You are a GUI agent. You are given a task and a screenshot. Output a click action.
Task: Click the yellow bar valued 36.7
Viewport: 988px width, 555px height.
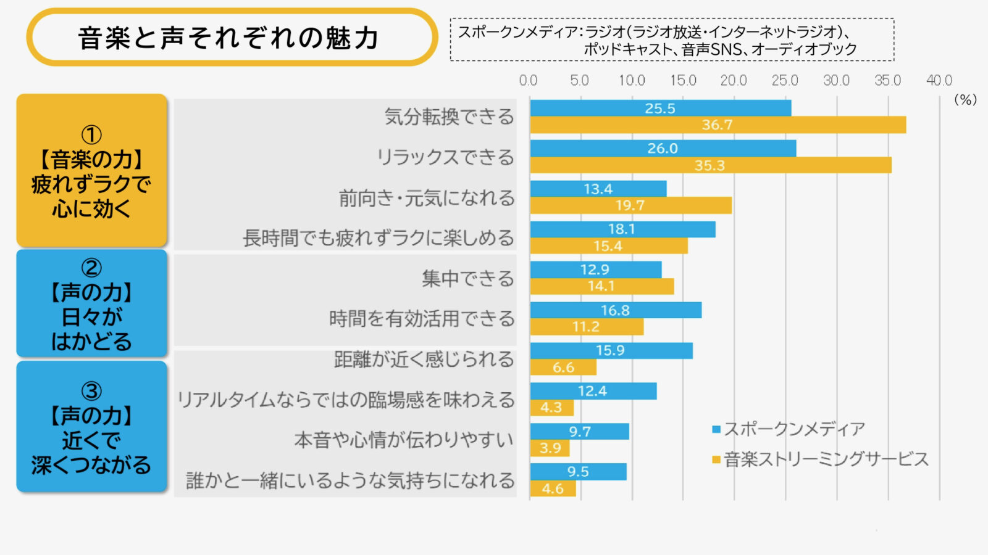(718, 125)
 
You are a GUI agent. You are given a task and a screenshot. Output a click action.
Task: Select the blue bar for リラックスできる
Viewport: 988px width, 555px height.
(663, 149)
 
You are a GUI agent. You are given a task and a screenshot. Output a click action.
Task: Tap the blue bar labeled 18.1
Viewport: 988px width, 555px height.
(622, 229)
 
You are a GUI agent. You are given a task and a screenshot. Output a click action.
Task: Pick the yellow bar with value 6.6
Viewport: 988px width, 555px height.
(563, 368)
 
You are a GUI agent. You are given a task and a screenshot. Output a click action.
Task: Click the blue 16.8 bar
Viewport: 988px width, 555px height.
(616, 310)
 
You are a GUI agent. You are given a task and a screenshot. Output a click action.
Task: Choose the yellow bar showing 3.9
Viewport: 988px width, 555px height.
(550, 448)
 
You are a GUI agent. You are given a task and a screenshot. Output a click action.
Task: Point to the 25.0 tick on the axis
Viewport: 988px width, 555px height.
(785, 81)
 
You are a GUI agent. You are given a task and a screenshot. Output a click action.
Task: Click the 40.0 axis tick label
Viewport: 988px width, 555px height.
(939, 81)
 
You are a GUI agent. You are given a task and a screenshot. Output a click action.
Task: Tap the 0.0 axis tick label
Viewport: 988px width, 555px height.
(528, 81)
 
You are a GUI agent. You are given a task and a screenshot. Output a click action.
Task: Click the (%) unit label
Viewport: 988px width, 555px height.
(965, 100)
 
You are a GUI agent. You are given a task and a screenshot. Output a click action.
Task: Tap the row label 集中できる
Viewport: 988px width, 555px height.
(467, 279)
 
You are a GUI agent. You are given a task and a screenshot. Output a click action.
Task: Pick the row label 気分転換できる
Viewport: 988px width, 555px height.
(449, 117)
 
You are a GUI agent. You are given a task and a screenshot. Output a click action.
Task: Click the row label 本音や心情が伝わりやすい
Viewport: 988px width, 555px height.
(404, 440)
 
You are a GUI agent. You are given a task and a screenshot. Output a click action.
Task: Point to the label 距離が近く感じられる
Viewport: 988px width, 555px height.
(424, 360)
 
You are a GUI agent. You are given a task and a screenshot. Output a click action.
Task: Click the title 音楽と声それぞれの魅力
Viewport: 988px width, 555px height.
(228, 38)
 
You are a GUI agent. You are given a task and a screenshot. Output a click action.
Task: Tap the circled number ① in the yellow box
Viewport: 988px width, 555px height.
(91, 135)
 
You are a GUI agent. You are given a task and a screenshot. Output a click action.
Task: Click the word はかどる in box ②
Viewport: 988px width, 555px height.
(91, 342)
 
